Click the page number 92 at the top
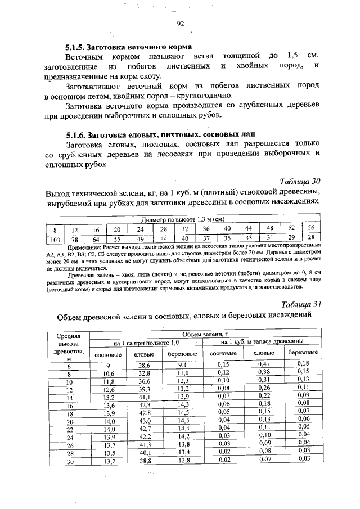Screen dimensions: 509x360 [x=181, y=24]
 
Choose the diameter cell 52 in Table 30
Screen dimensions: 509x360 [x=290, y=228]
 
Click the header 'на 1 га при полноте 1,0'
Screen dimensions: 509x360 [x=146, y=343]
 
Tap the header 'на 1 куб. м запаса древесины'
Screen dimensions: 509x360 [x=263, y=343]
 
